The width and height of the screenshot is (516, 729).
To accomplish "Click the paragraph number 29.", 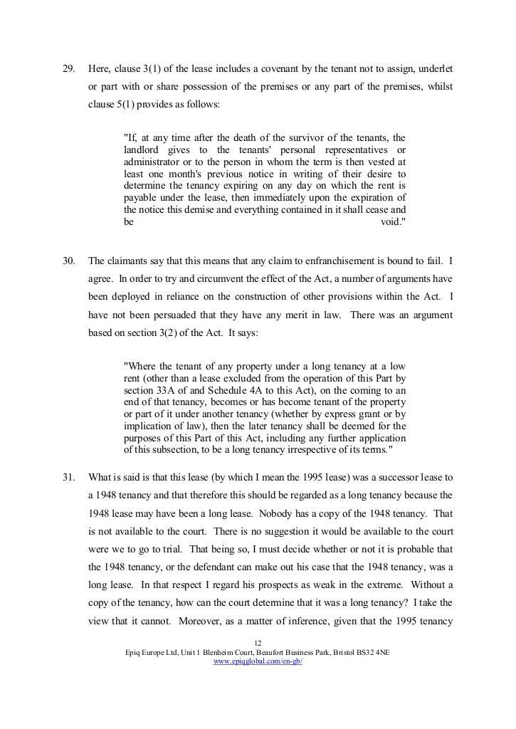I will click(69, 69).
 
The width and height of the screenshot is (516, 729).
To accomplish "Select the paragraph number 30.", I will click(69, 261).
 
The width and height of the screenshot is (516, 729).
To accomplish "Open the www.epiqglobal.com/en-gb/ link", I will click(258, 661).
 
